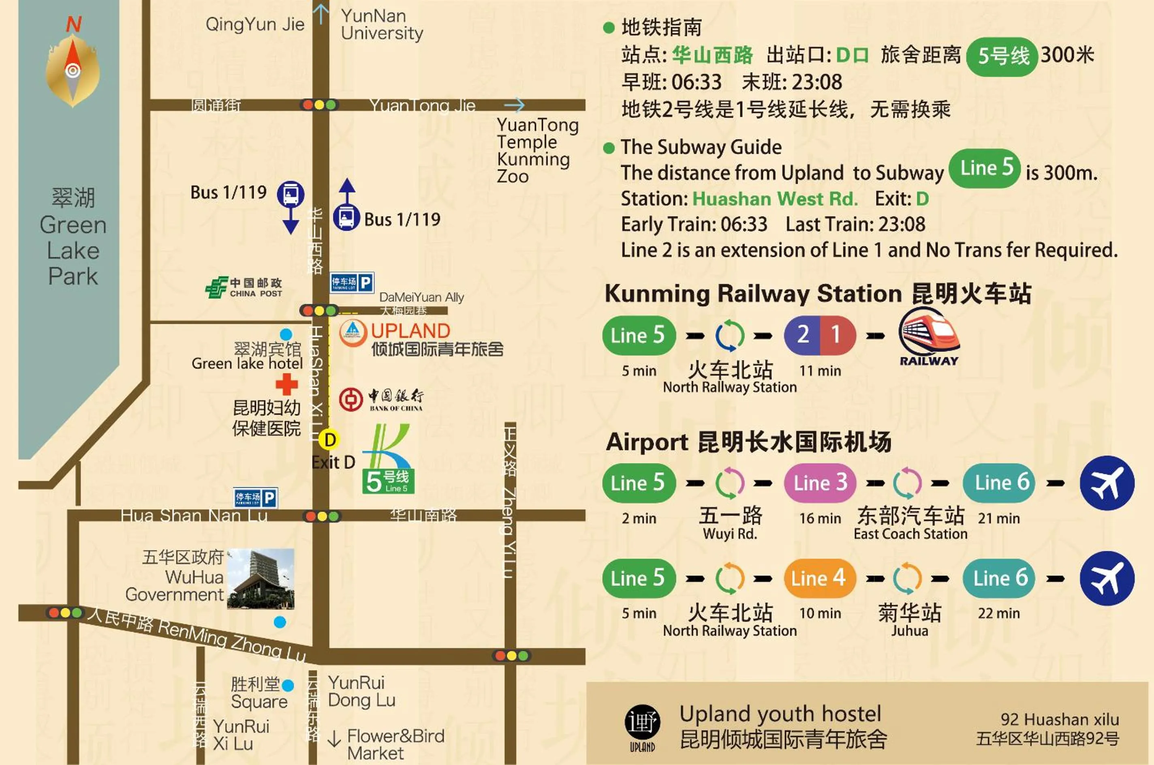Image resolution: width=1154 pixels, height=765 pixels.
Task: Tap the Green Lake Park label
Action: point(73,237)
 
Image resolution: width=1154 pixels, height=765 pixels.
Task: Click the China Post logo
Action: point(216,287)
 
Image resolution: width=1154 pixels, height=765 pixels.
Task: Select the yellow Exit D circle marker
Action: point(329,440)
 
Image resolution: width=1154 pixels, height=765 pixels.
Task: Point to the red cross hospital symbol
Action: point(286,384)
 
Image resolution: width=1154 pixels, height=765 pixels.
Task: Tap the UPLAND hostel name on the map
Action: point(410,331)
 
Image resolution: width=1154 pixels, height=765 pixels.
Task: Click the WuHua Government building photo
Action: point(261,579)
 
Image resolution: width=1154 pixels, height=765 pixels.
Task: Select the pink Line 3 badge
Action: point(820,483)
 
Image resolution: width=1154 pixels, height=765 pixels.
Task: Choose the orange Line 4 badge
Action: point(820,579)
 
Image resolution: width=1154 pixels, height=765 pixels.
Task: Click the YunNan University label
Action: point(382,25)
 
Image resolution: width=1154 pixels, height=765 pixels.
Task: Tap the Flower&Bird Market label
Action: point(395,744)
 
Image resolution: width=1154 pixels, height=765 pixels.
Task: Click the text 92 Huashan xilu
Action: point(1060,720)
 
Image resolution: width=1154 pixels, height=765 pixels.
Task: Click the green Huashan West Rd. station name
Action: point(775,199)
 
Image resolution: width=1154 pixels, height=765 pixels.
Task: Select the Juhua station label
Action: point(910,631)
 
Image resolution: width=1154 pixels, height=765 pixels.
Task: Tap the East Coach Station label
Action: point(910,534)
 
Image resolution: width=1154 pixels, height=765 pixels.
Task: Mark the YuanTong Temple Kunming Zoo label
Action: point(537,150)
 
